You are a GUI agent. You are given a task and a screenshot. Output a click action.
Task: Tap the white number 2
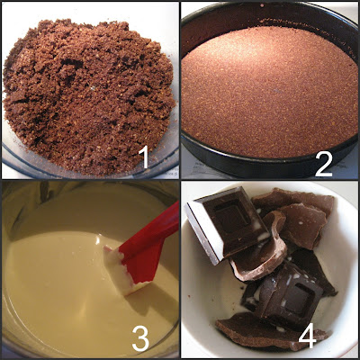(x=324, y=165)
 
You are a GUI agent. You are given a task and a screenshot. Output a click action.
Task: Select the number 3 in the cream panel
(x=141, y=339)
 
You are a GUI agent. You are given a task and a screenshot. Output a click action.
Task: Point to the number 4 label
(x=308, y=337)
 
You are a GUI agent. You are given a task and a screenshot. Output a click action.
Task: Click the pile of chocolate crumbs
(x=88, y=96)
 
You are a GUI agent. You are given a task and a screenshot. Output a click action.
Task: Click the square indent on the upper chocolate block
(x=232, y=215)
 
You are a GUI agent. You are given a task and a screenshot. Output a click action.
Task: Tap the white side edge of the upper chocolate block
(x=203, y=232)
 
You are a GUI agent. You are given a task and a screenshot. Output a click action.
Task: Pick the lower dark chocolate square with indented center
(x=290, y=294)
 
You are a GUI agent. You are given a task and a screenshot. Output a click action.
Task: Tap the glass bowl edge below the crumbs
(x=90, y=174)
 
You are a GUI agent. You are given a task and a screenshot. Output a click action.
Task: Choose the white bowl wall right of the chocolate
(x=345, y=270)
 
